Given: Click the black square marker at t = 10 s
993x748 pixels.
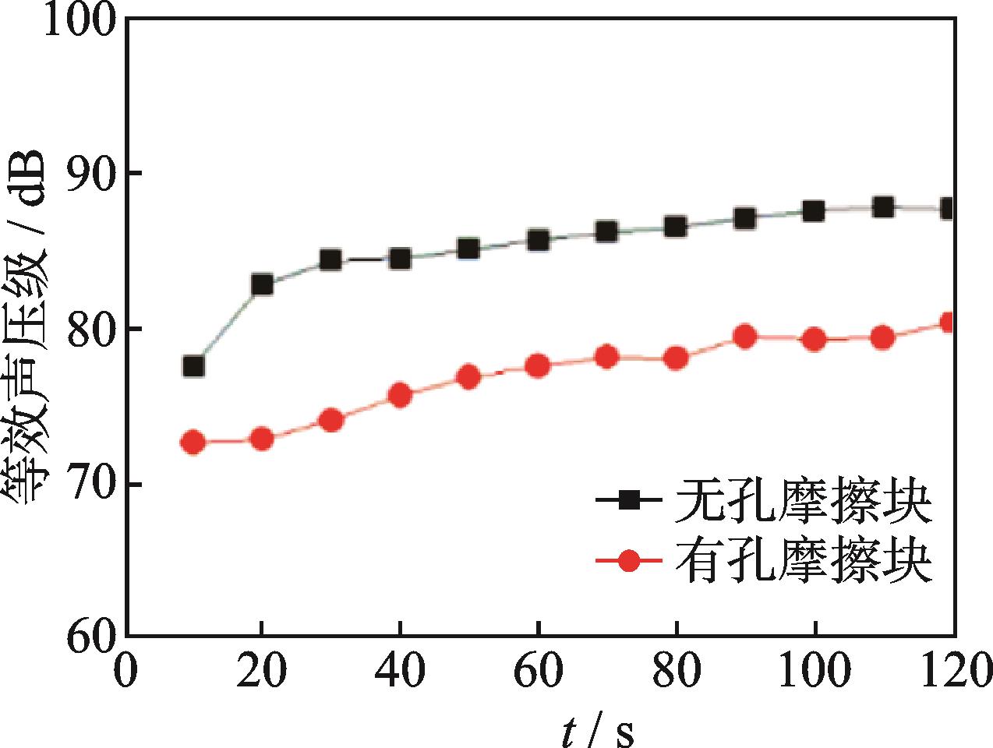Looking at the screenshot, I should click(193, 366).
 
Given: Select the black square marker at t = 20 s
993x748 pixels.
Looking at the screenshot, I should click(263, 284).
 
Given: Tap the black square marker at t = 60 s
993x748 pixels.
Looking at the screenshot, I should click(538, 240).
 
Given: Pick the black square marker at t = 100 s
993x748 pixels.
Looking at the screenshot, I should click(814, 211).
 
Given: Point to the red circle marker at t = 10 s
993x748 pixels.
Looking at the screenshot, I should click(193, 443).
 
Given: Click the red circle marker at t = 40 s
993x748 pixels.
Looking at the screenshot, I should click(400, 396).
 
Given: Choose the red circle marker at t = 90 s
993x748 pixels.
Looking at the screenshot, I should click(746, 337).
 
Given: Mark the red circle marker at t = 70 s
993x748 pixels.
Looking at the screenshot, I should click(607, 358).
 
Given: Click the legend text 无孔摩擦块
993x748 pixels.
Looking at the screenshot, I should click(804, 503).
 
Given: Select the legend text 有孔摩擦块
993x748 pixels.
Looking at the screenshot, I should click(804, 562).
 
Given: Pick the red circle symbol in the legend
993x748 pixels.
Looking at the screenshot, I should click(629, 561).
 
